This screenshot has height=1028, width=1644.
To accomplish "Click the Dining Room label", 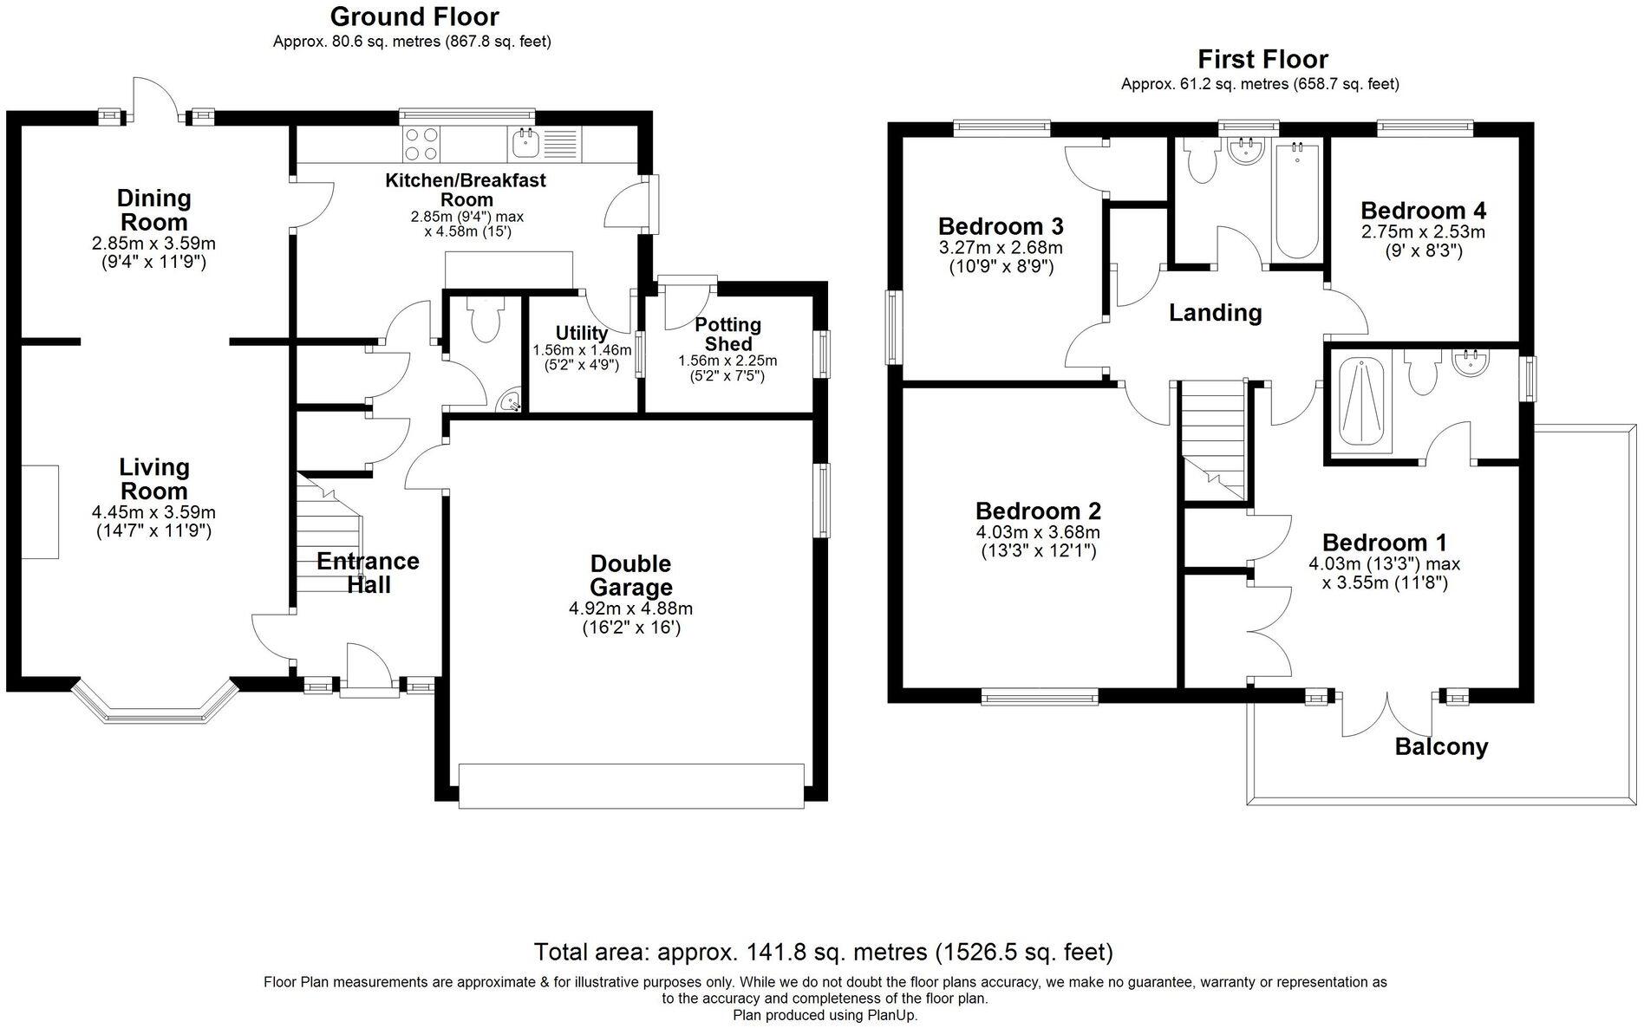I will coord(153,210).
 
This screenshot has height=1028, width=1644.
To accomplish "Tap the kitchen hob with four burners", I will coord(421,144).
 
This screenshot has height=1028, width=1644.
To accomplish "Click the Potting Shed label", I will coord(727,335).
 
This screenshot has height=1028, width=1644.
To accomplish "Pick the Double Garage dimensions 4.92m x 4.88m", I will coord(630,608).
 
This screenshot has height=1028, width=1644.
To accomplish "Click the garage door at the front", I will coord(630,786).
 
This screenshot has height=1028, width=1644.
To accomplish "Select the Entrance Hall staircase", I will coord(329,537).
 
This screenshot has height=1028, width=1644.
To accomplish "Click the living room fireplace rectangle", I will coord(40,512).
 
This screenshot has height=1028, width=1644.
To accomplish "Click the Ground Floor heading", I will coord(414,16).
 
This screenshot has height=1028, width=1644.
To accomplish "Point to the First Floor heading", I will coord(1262,59).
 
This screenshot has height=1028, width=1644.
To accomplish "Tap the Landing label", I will coord(1215,313).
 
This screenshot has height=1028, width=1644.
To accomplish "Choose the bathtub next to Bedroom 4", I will coord(1296,202).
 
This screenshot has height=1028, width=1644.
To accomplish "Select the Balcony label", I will coord(1441,746).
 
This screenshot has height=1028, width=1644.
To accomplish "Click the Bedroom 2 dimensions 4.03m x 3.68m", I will coord(1038,532).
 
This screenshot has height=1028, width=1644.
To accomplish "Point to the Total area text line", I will coord(823,953).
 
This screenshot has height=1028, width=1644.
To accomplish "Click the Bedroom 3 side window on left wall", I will coord(891,328).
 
